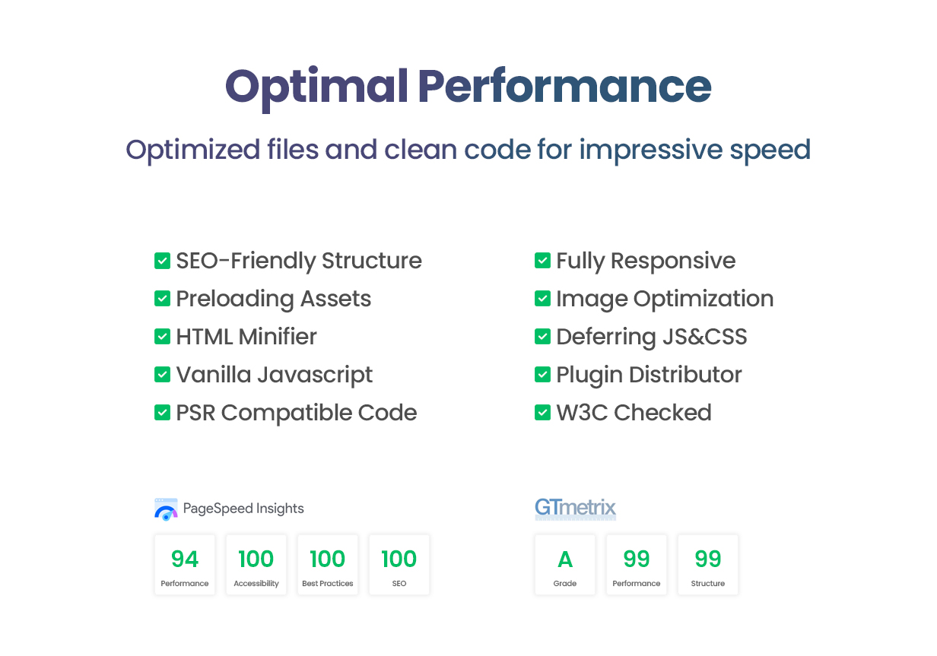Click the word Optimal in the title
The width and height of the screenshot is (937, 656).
tap(316, 88)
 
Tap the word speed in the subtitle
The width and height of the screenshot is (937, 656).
tap(770, 151)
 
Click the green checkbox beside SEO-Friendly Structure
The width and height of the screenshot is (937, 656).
tap(162, 261)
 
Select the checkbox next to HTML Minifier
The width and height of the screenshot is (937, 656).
tap(162, 337)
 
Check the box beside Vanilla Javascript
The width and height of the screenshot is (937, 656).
tap(162, 375)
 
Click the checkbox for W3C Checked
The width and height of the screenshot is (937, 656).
tap(542, 413)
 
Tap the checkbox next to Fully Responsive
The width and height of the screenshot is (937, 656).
tap(542, 261)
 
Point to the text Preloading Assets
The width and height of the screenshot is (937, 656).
tap(274, 299)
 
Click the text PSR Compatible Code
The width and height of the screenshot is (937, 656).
tap(297, 413)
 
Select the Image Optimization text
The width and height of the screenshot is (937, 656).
tap(665, 299)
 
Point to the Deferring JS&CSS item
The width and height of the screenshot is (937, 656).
tap(652, 337)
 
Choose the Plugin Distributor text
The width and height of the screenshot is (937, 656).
tap(650, 375)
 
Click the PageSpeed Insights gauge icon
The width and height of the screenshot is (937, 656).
tap(166, 509)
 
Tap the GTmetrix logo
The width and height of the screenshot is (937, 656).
tap(576, 509)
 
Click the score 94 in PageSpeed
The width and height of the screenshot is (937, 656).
tap(185, 559)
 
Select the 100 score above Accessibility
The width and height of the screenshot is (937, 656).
tap(256, 559)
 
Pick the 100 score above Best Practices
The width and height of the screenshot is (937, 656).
tap(328, 559)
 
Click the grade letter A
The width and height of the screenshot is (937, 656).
tap(565, 559)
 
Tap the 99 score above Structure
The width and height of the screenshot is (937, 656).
tap(708, 559)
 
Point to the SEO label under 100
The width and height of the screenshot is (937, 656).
tap(399, 584)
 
